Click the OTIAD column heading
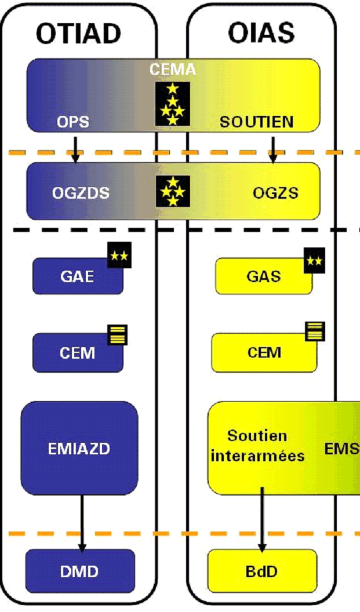(79, 34)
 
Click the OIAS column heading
(261, 34)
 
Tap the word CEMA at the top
(173, 70)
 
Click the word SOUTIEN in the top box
(256, 122)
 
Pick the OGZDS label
(81, 193)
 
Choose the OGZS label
(275, 193)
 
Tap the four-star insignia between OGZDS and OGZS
(173, 191)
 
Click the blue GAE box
(78, 276)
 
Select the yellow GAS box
(264, 276)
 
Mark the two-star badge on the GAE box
(120, 255)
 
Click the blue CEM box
(78, 352)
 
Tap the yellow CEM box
(264, 352)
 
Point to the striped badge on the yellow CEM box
(315, 331)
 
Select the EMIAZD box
(79, 448)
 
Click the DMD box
(80, 571)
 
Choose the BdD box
(262, 571)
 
